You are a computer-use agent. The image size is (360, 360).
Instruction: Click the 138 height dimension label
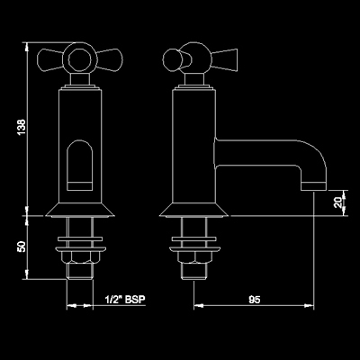click(x=22, y=127)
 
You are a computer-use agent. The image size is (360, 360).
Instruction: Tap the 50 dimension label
click(x=22, y=247)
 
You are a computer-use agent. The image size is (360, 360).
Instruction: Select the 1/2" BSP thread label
click(x=125, y=299)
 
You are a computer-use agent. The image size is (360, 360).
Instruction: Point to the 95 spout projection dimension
click(x=255, y=300)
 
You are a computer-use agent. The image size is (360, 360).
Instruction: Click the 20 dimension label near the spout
click(x=338, y=202)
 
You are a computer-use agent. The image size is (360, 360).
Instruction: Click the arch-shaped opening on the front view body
click(x=79, y=165)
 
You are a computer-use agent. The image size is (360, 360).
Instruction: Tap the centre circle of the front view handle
click(x=79, y=59)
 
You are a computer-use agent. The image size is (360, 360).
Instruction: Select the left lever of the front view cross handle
click(x=50, y=59)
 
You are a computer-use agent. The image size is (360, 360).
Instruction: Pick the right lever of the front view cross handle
click(x=109, y=59)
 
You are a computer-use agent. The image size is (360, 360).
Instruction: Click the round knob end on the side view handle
click(x=173, y=59)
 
